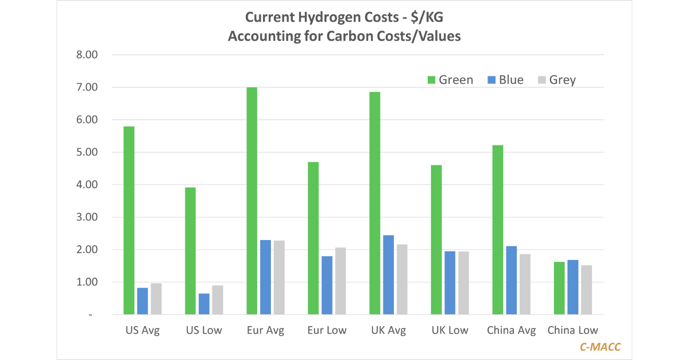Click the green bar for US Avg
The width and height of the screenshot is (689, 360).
[129, 220]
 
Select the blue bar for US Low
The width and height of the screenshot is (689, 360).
[204, 304]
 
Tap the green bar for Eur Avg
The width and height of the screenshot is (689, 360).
[251, 201]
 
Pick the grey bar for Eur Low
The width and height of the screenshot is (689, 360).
[340, 281]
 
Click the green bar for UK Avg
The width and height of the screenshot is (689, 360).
[375, 203]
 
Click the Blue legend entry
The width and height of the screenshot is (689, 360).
[505, 80]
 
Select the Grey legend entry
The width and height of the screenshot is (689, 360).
[556, 80]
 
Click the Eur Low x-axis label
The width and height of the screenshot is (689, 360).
[327, 330]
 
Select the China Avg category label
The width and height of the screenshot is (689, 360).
[512, 330]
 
